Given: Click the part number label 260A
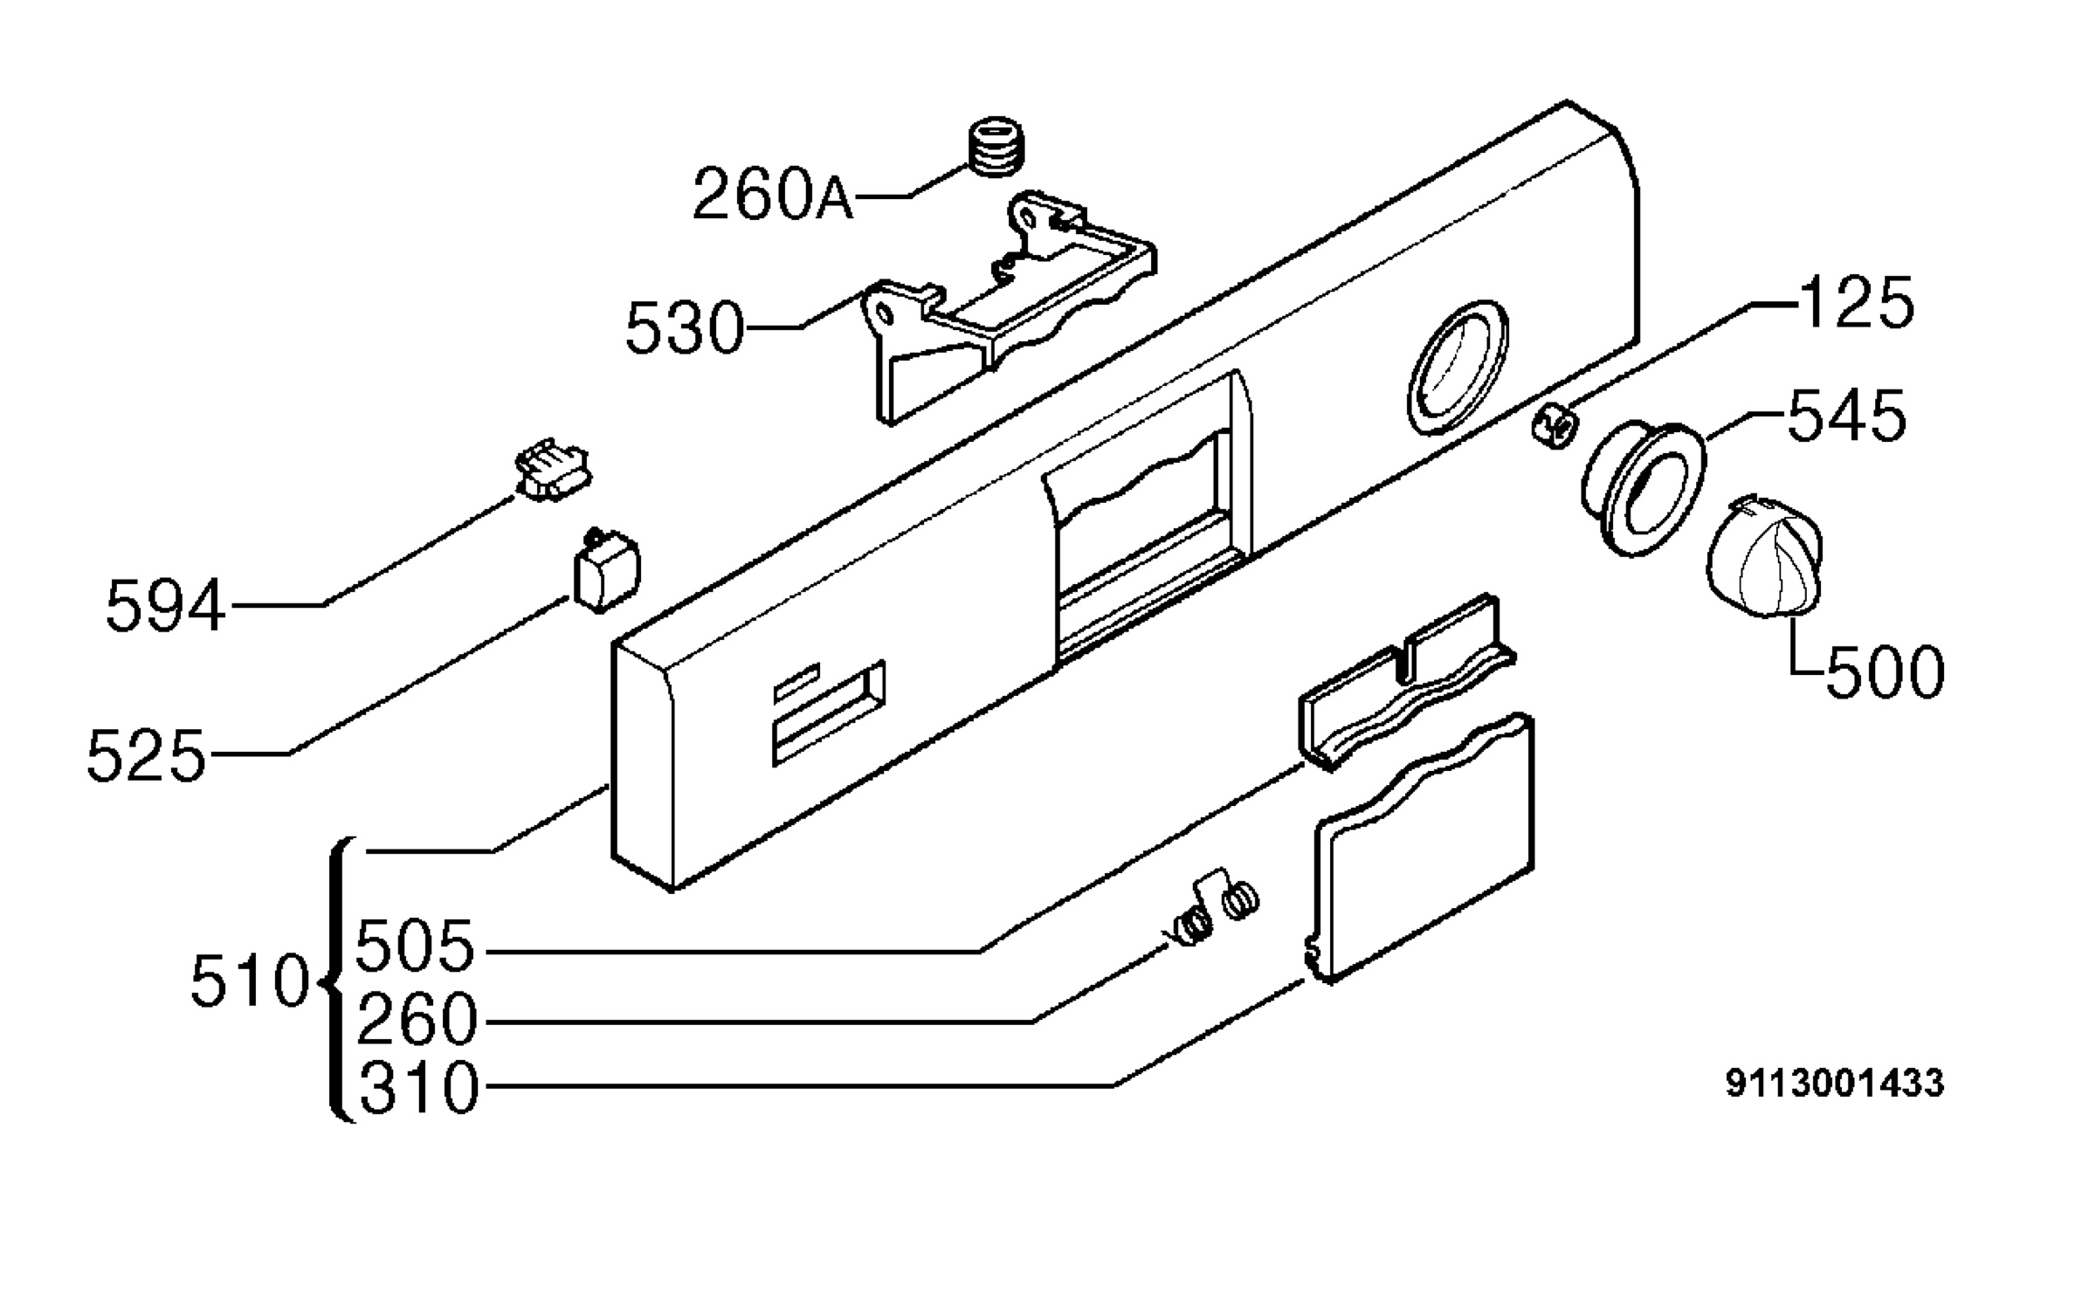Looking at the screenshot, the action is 772,194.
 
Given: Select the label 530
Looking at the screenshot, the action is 685,328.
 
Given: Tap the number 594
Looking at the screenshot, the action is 165,606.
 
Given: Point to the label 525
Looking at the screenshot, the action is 146,755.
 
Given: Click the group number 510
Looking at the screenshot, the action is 251,981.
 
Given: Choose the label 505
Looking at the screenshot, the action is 416,946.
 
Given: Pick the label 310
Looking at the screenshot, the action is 419,1088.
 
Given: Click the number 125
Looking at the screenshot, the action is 1857,303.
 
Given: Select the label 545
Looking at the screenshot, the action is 1847,415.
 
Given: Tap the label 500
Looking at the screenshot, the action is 1885,672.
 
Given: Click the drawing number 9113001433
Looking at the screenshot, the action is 1835,1084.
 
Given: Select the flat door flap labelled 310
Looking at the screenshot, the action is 1420,847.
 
